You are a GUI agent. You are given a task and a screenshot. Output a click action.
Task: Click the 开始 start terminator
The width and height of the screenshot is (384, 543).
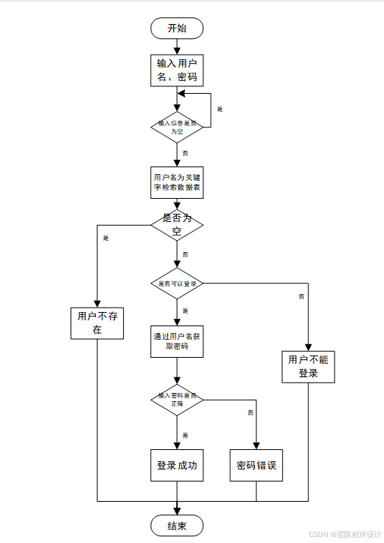(177, 28)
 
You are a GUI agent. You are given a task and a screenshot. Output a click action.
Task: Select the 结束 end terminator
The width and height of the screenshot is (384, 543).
(177, 526)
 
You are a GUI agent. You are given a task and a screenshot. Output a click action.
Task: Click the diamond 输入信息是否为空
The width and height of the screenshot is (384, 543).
(177, 127)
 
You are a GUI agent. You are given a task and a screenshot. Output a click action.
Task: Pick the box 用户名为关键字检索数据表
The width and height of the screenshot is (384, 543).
(177, 182)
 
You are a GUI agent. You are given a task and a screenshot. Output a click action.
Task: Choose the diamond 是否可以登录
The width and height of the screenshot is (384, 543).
(177, 284)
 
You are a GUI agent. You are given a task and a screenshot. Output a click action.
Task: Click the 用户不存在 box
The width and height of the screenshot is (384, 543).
(97, 322)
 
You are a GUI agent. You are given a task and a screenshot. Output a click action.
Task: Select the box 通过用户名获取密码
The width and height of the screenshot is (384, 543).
(177, 340)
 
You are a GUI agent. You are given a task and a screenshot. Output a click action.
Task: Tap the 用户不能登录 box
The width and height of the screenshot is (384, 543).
(308, 366)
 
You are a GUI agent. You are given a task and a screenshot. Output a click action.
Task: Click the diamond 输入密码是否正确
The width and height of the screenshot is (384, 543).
(177, 399)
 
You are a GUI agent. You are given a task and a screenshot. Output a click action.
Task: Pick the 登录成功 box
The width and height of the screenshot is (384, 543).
(177, 466)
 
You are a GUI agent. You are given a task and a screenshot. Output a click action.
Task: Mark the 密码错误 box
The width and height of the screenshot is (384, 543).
(256, 466)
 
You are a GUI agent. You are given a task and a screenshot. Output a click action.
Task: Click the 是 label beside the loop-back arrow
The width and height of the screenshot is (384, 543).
(220, 109)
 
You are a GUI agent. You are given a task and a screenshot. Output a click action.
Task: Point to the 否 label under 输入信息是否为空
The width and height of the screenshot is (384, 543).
(185, 152)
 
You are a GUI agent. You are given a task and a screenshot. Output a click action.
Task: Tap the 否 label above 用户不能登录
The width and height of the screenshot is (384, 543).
(301, 297)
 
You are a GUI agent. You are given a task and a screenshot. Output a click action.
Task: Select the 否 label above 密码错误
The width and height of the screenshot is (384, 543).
(250, 412)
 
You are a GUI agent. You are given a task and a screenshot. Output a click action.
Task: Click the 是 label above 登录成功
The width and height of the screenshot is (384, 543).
(185, 435)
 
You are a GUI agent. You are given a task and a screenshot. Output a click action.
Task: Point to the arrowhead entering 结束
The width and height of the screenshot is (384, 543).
(177, 511)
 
